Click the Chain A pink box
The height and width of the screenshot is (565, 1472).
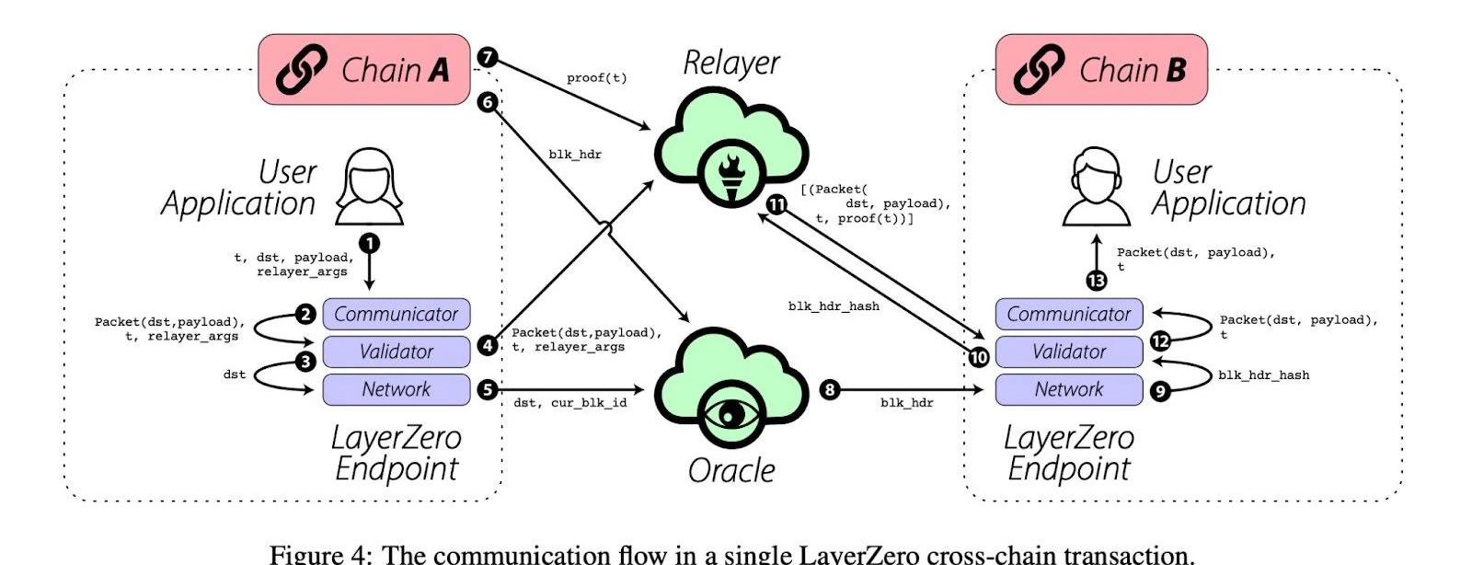pyautogui.click(x=364, y=70)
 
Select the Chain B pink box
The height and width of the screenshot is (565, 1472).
pyautogui.click(x=1101, y=70)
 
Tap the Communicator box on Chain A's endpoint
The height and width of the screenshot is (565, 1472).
pyautogui.click(x=396, y=314)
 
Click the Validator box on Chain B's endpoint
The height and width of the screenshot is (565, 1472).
pyautogui.click(x=1068, y=352)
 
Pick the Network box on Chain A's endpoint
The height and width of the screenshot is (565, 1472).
pyautogui.click(x=396, y=389)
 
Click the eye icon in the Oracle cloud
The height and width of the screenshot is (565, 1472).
pyautogui.click(x=731, y=413)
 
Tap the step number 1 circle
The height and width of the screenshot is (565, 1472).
pyautogui.click(x=369, y=243)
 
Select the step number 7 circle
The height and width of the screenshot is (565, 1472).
pyautogui.click(x=488, y=58)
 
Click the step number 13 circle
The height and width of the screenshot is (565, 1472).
pyautogui.click(x=1097, y=281)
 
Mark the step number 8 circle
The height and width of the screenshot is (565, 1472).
pyautogui.click(x=829, y=390)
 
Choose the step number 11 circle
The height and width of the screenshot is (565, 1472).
pyautogui.click(x=777, y=205)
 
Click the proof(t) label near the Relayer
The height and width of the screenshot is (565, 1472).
pyautogui.click(x=596, y=78)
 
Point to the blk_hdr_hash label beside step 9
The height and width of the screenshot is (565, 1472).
pyautogui.click(x=1263, y=375)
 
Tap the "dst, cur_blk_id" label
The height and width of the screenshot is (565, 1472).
pyautogui.click(x=569, y=403)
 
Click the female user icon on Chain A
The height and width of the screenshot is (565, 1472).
pyautogui.click(x=369, y=189)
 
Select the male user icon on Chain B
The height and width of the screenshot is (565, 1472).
pyautogui.click(x=1096, y=190)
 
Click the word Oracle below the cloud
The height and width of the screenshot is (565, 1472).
pyautogui.click(x=731, y=470)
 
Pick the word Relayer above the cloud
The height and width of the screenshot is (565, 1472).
pyautogui.click(x=731, y=63)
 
